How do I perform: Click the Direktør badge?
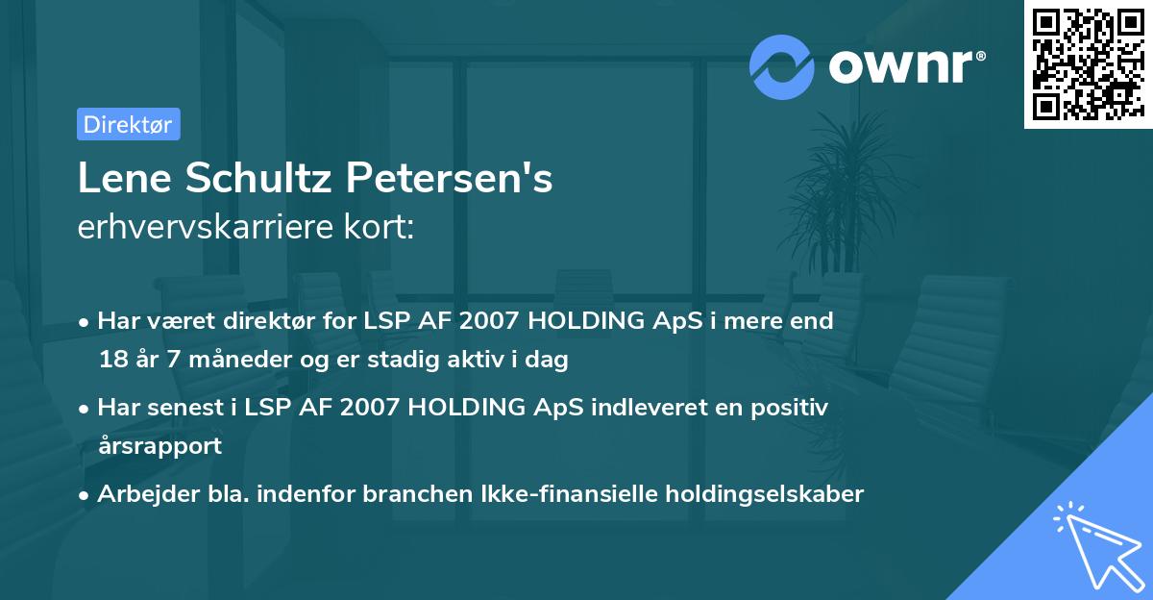(128, 124)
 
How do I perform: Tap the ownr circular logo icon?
(782, 66)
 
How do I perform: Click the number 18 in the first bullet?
(110, 361)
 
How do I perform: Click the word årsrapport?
(159, 445)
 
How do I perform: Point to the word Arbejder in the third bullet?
(138, 494)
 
